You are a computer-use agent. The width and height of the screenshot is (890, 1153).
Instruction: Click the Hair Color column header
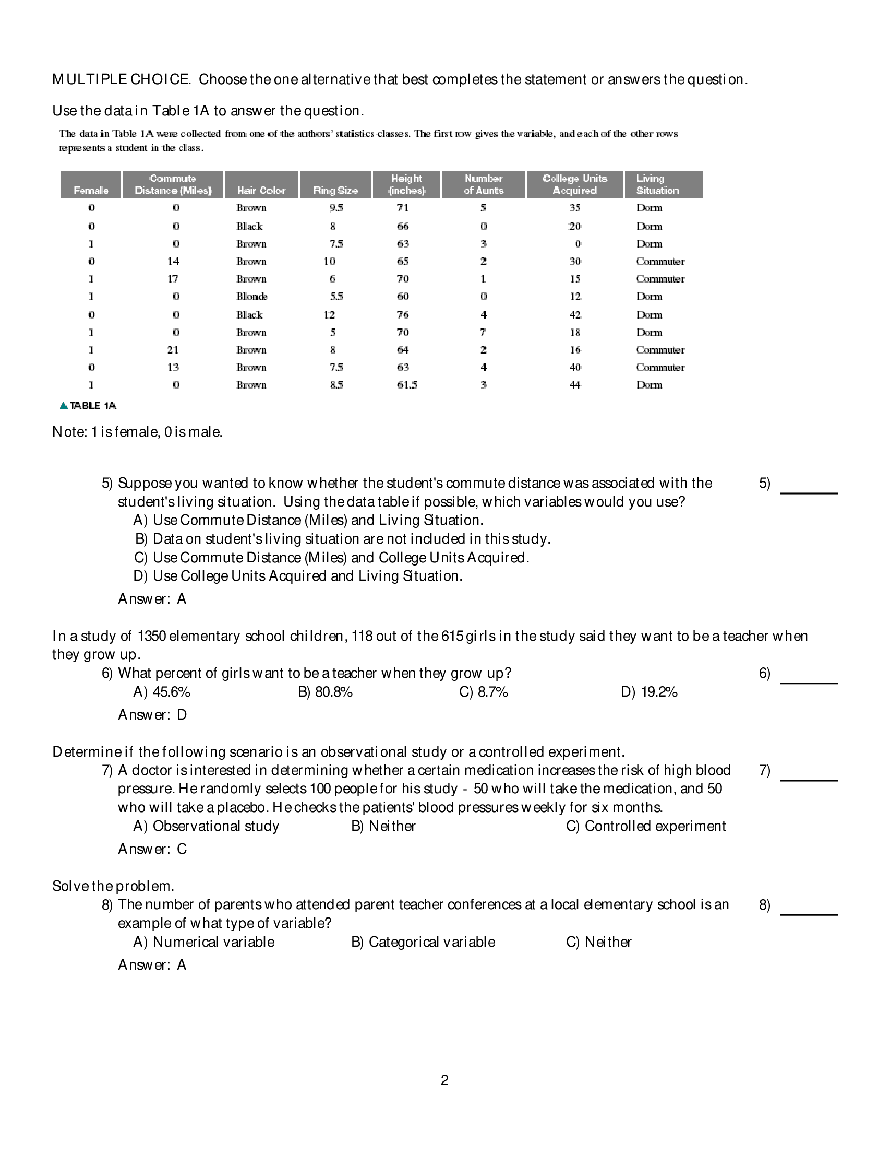click(261, 190)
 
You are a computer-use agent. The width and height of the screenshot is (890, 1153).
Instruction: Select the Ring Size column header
click(335, 190)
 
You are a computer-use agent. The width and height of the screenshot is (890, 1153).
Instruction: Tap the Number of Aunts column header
click(483, 185)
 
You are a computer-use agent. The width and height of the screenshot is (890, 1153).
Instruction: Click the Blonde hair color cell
click(251, 297)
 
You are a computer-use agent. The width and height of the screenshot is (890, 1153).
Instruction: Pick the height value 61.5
click(407, 385)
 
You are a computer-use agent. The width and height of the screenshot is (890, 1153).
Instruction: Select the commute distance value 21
click(173, 350)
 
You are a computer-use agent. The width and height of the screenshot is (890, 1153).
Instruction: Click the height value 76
click(403, 315)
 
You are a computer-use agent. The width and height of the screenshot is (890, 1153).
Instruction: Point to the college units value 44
click(574, 385)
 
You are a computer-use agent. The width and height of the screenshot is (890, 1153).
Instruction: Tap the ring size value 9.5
click(336, 208)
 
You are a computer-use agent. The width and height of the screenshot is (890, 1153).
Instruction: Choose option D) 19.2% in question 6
click(649, 691)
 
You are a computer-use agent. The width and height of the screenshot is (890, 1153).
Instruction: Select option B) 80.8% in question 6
click(325, 691)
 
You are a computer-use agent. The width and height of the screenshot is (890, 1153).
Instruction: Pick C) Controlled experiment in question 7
click(646, 826)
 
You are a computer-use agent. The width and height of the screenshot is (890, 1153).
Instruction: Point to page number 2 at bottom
click(444, 1080)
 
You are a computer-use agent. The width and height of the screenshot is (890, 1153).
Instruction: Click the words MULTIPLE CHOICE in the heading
click(121, 79)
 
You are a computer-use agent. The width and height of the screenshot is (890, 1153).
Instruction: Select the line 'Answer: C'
click(152, 849)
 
